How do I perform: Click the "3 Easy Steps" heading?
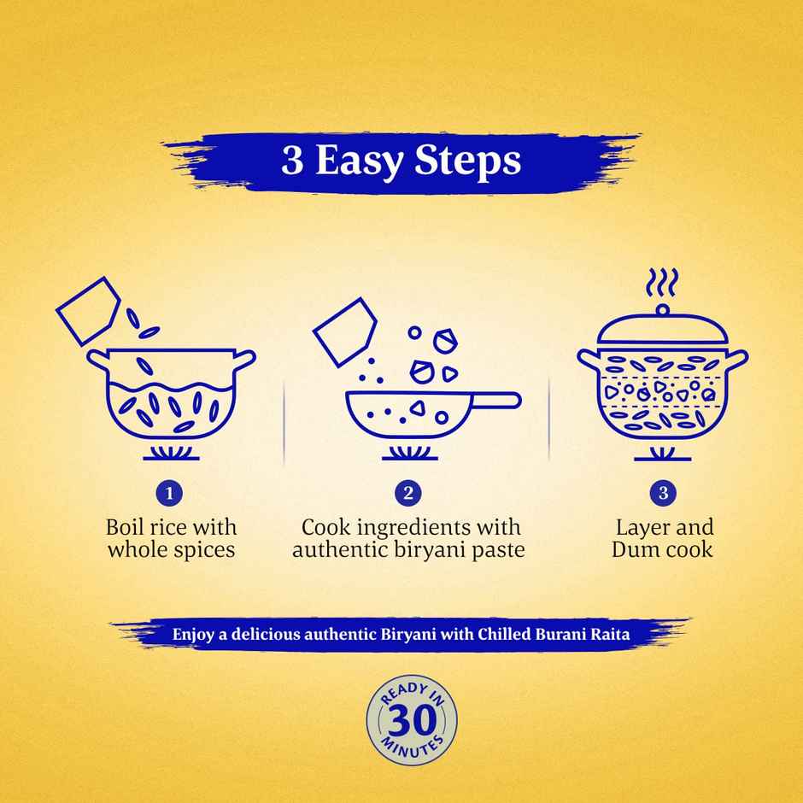[401, 162]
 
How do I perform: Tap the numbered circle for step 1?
[170, 493]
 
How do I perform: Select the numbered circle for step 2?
[408, 493]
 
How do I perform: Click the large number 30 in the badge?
[411, 718]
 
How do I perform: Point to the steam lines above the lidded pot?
[662, 281]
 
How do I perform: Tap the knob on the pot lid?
[662, 310]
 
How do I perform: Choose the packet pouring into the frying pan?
[345, 331]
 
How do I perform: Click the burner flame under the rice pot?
[171, 451]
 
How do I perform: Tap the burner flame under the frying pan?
[408, 451]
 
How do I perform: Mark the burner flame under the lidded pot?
[662, 451]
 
